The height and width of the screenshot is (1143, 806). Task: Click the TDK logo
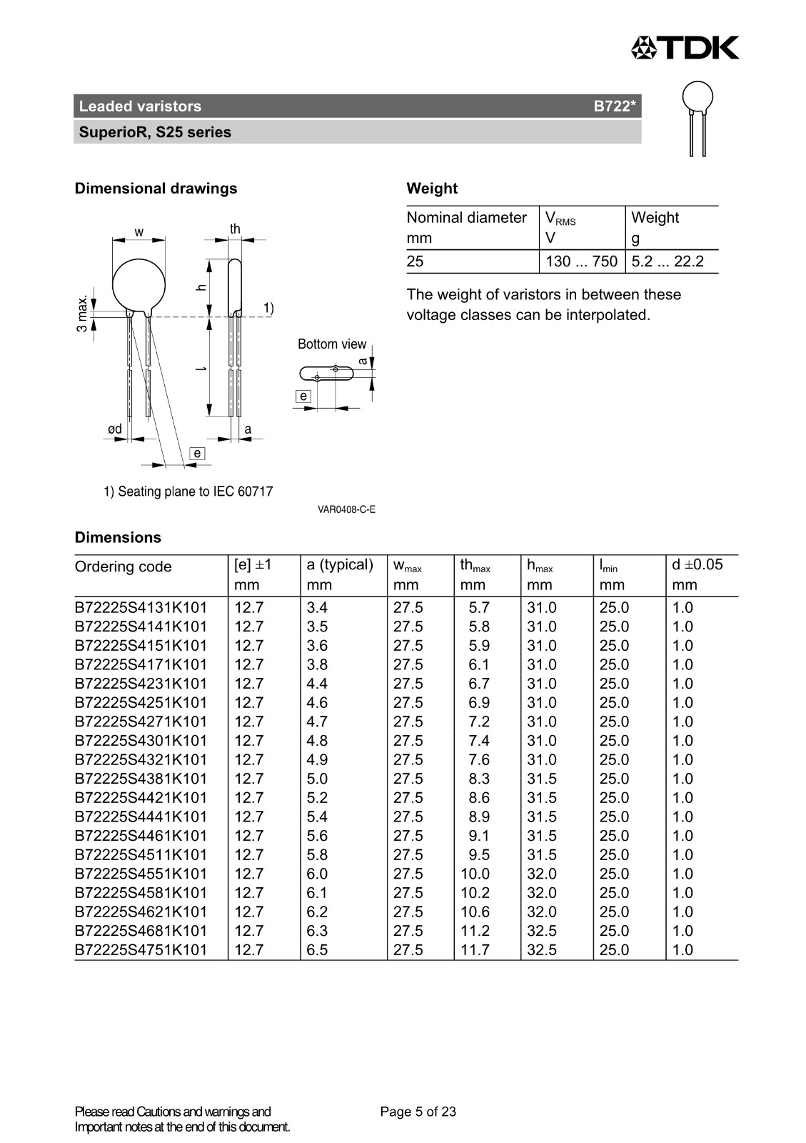click(x=685, y=48)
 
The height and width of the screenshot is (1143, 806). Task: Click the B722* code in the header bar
click(x=614, y=106)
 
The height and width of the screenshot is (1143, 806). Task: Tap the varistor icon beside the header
click(x=697, y=118)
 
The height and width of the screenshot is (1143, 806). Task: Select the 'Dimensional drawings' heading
click(x=156, y=189)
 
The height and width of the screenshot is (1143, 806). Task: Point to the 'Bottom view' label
click(x=331, y=344)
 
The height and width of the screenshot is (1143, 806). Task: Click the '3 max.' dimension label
click(x=83, y=314)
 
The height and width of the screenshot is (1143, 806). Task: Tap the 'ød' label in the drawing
click(x=114, y=429)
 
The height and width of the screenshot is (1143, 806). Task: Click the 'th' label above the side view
click(x=235, y=229)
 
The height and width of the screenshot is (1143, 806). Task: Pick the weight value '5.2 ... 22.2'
click(x=668, y=261)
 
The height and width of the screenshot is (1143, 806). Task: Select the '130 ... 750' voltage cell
click(x=581, y=261)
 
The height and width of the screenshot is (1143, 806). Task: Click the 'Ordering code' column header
click(x=124, y=566)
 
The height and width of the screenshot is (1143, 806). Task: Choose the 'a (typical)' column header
click(x=340, y=564)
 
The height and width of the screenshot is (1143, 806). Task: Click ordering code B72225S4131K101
click(x=141, y=608)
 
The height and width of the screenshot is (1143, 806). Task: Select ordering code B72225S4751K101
click(x=141, y=950)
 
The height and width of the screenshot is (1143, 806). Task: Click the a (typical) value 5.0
click(x=317, y=779)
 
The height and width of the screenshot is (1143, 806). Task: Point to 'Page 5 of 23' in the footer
click(x=418, y=1112)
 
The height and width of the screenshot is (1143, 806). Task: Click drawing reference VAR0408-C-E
click(x=346, y=509)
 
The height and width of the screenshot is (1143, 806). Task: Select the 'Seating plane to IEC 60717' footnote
click(x=188, y=491)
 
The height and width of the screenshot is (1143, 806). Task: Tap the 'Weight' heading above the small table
click(x=432, y=189)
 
